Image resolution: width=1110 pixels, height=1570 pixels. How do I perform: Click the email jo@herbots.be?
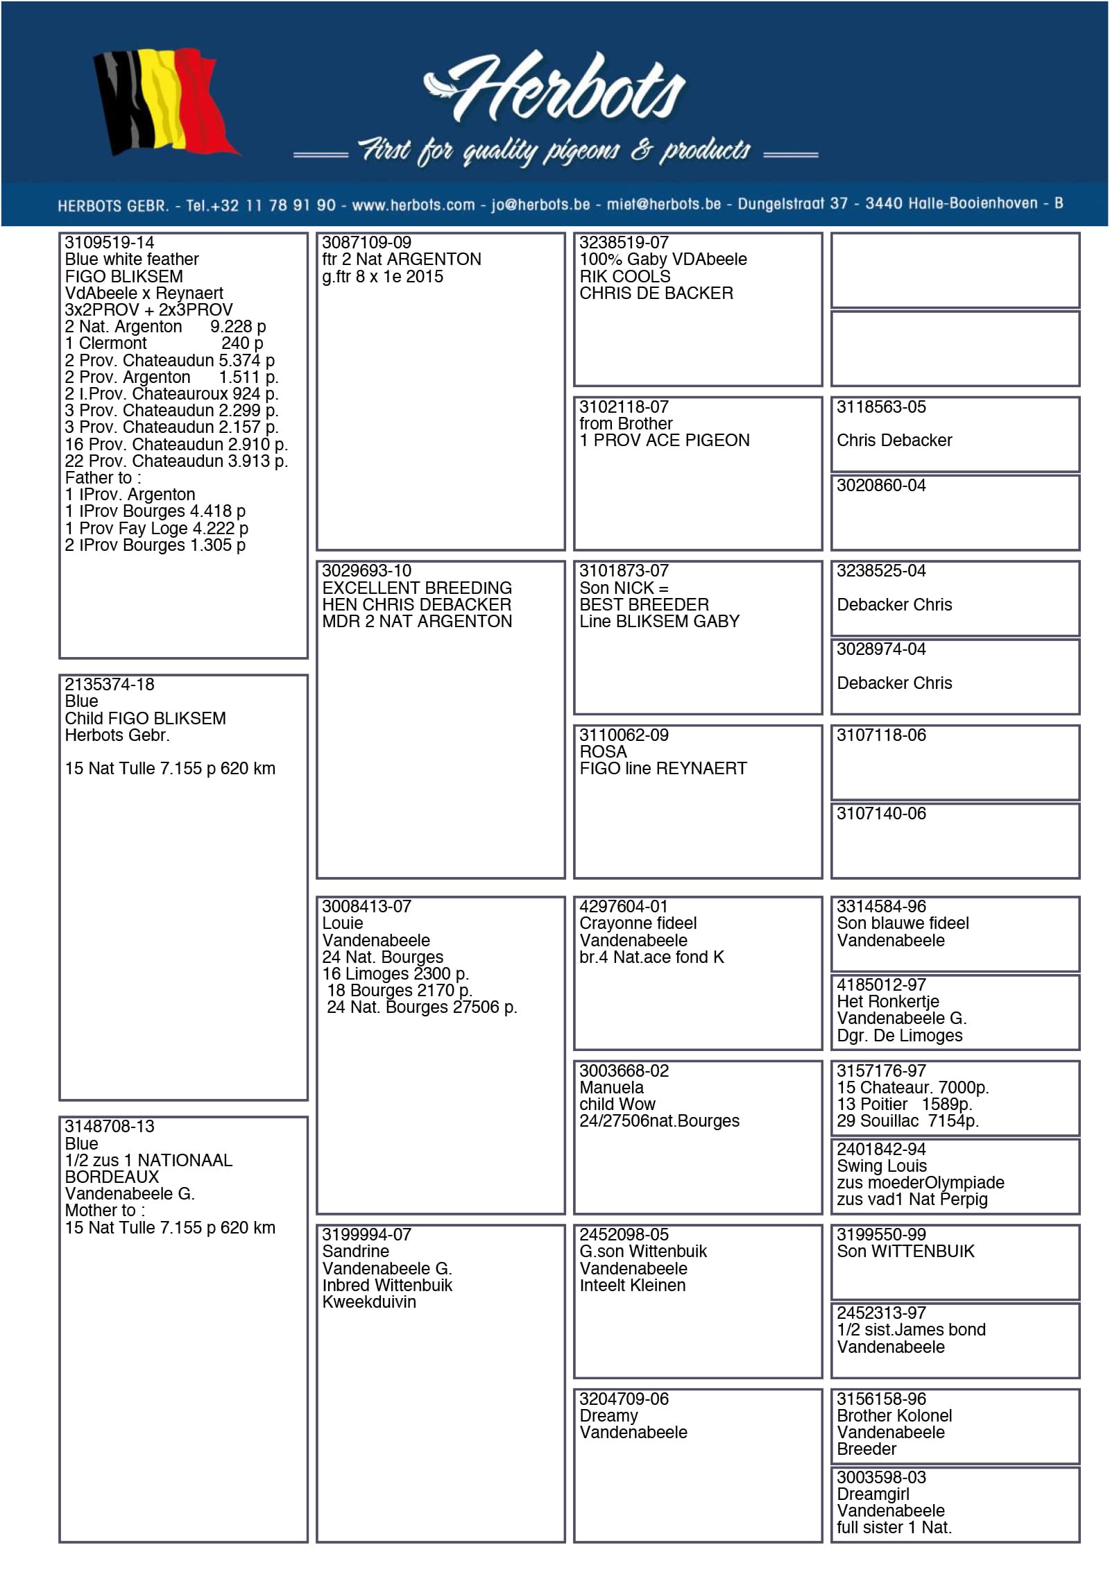[x=540, y=205]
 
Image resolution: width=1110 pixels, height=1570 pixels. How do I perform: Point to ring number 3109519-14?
[x=110, y=243]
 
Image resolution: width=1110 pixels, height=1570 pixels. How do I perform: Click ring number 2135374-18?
[x=110, y=685]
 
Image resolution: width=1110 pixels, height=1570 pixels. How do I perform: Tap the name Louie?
[x=343, y=923]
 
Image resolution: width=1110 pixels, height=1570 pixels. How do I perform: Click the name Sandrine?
[x=356, y=1252]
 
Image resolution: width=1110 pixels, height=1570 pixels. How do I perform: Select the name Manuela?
[x=611, y=1088]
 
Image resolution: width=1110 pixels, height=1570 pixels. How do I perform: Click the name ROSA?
[x=603, y=752]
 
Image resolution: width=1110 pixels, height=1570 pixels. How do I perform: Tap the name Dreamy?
[x=608, y=1416]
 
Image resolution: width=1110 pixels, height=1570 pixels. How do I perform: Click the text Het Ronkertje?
[x=887, y=1002]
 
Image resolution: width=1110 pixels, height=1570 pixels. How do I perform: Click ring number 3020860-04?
[x=881, y=486]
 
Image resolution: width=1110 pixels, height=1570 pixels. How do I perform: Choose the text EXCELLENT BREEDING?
[x=417, y=588]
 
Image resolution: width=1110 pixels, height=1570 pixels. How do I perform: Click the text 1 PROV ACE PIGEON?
[x=665, y=441]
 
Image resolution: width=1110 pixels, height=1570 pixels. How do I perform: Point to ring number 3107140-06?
[x=881, y=814]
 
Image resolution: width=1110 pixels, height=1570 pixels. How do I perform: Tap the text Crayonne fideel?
[x=638, y=923]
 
